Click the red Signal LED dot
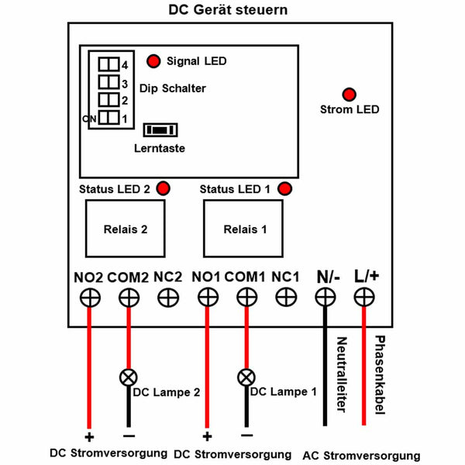coord(153,61)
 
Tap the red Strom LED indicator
coord(349,95)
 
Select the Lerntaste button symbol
coord(160,130)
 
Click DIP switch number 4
coord(108,64)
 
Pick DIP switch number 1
coord(108,118)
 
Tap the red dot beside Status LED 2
coord(163,188)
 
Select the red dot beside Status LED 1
coord(284,188)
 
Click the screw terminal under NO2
coord(90,298)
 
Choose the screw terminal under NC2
coord(168,298)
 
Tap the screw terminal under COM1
coord(246,297)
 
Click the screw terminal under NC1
coord(286,297)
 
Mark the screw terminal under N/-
coord(325,297)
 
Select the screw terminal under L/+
coord(364,297)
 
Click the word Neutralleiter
coord(342,374)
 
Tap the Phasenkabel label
coord(380,375)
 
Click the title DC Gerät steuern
coord(228,10)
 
